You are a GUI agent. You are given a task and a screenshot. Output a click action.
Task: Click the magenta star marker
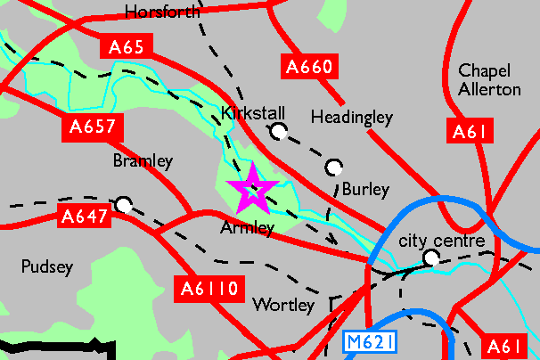[x=253, y=188]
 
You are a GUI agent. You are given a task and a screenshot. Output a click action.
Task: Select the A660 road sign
[x=308, y=66]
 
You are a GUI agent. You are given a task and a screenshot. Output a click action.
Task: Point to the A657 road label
[x=93, y=127]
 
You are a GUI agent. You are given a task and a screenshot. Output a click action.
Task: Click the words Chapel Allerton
[x=489, y=79]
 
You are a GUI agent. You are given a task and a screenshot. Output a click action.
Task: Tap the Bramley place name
[x=142, y=161]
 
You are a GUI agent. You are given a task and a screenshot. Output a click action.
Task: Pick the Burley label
[x=365, y=190]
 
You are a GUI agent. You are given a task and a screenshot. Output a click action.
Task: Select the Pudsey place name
[x=45, y=266]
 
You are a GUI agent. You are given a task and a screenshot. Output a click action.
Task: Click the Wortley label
[x=283, y=305]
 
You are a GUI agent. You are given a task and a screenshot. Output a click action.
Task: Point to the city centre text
[x=441, y=241]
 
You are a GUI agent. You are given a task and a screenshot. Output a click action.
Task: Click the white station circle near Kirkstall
[x=279, y=132]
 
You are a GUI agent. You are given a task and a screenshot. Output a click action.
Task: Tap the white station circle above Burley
[x=334, y=167]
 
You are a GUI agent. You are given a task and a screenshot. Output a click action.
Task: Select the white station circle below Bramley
[x=124, y=205]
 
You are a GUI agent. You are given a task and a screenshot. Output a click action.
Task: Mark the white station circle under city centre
[x=432, y=258]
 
